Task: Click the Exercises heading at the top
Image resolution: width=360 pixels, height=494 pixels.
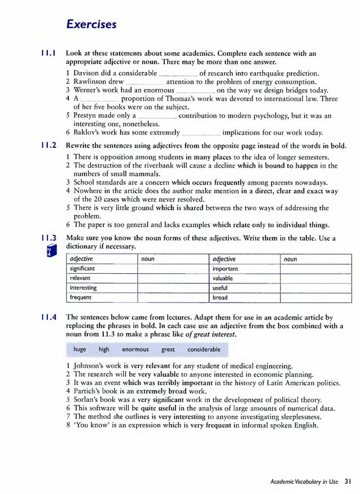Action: pyautogui.click(x=91, y=24)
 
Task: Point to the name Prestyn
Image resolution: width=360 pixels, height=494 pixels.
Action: pyautogui.click(x=89, y=116)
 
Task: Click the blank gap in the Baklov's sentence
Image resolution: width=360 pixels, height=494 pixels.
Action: pyautogui.click(x=201, y=133)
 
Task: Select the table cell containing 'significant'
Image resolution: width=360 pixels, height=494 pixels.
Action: pyautogui.click(x=102, y=269)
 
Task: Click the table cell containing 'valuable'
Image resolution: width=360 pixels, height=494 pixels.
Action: pyautogui.click(x=244, y=278)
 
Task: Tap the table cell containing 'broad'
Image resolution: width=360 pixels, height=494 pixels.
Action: pyautogui.click(x=244, y=297)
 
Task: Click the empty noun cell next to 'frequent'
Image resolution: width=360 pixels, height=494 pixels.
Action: pyautogui.click(x=173, y=297)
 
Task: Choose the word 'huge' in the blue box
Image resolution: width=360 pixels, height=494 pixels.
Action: pyautogui.click(x=80, y=349)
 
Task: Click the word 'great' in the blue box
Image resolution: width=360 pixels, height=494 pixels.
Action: pyautogui.click(x=168, y=349)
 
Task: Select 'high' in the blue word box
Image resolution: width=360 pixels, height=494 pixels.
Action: pyautogui.click(x=104, y=349)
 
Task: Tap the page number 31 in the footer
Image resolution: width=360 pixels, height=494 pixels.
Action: pyautogui.click(x=348, y=482)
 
